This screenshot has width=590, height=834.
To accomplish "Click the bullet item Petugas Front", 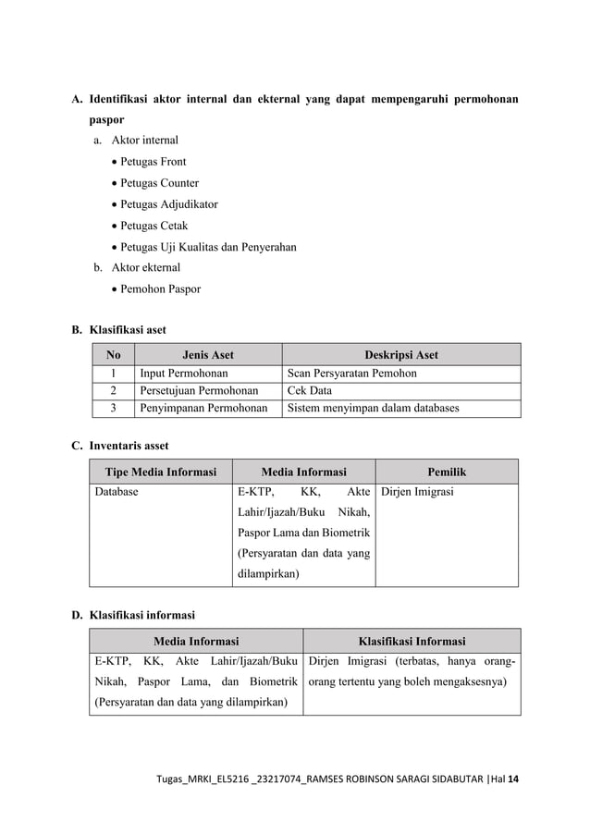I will tap(154, 162).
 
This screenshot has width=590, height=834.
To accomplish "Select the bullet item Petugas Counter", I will tap(158, 183).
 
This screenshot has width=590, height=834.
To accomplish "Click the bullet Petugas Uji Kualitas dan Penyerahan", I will tap(203, 247).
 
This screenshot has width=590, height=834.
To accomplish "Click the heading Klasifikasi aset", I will tap(127, 330).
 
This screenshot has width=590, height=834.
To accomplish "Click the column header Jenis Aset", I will tap(207, 354).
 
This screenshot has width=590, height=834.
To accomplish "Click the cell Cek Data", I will tap(310, 391).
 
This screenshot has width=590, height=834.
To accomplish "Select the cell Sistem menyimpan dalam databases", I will tap(373, 409).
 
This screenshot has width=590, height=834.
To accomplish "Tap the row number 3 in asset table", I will tap(113, 409).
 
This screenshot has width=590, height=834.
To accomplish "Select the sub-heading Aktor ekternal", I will tap(145, 267).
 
